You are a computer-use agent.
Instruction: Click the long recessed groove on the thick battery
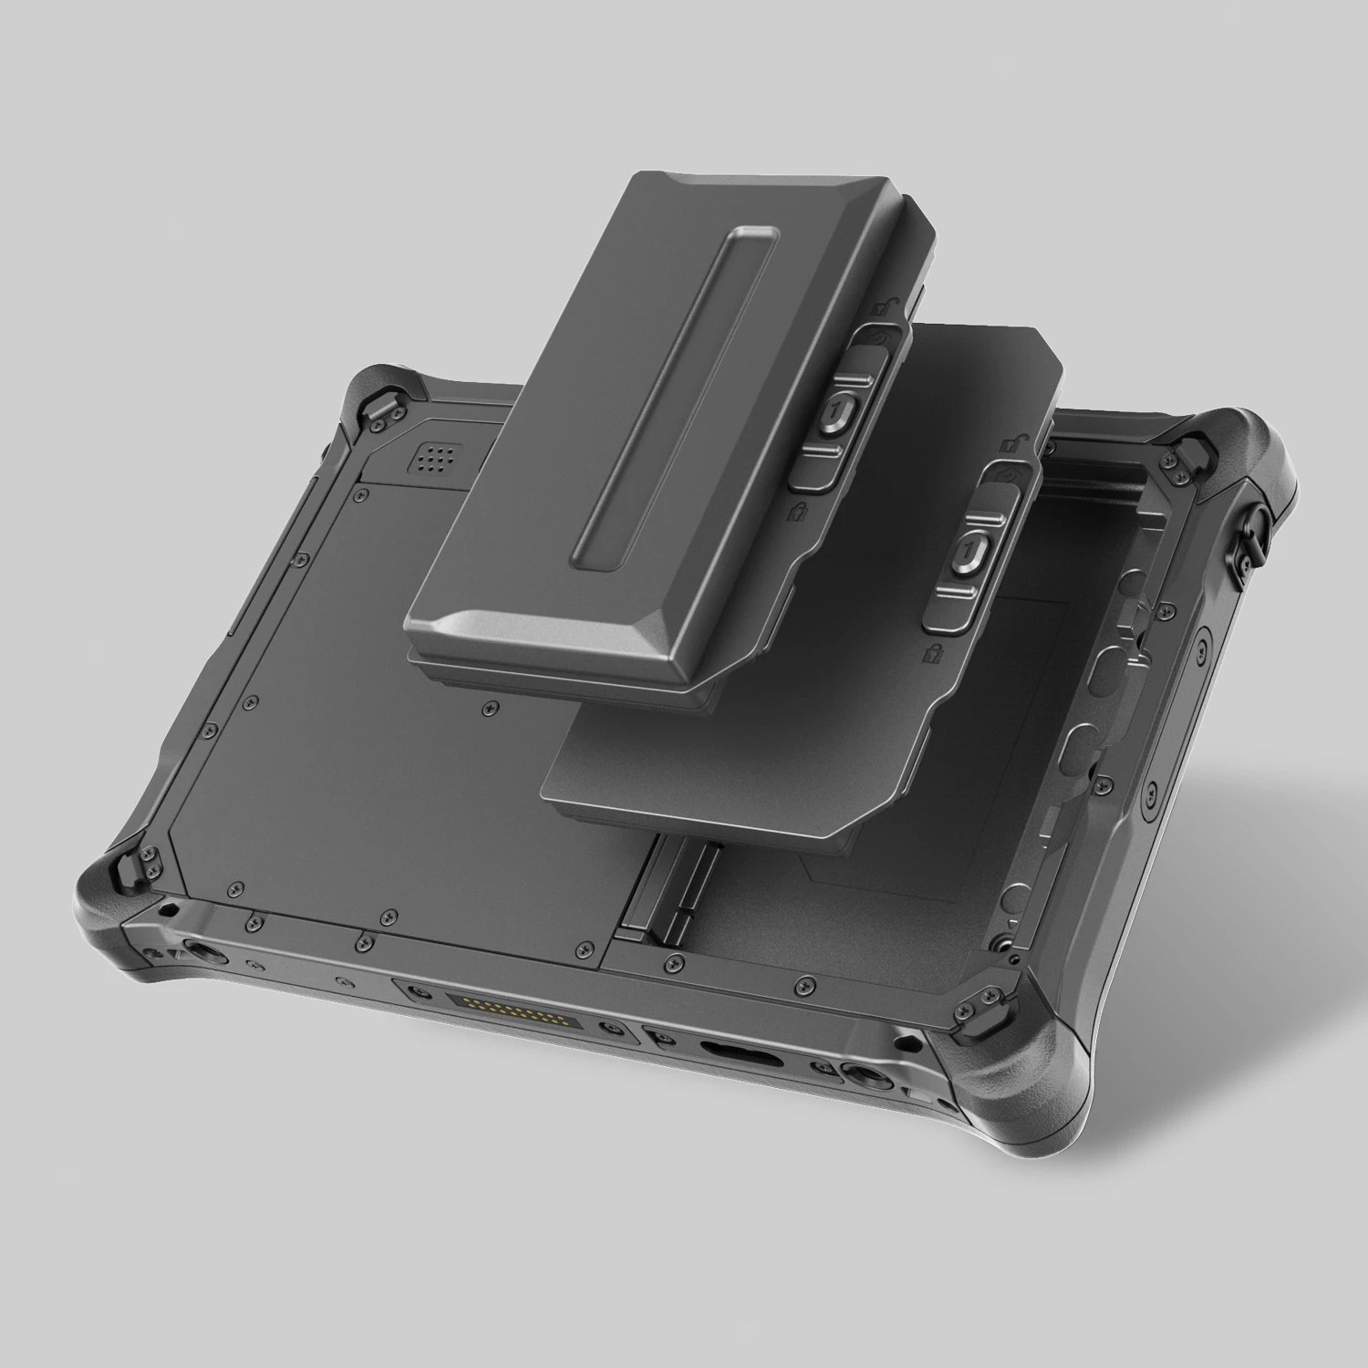[673, 397]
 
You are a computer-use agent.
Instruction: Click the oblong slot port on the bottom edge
[741, 1060]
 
